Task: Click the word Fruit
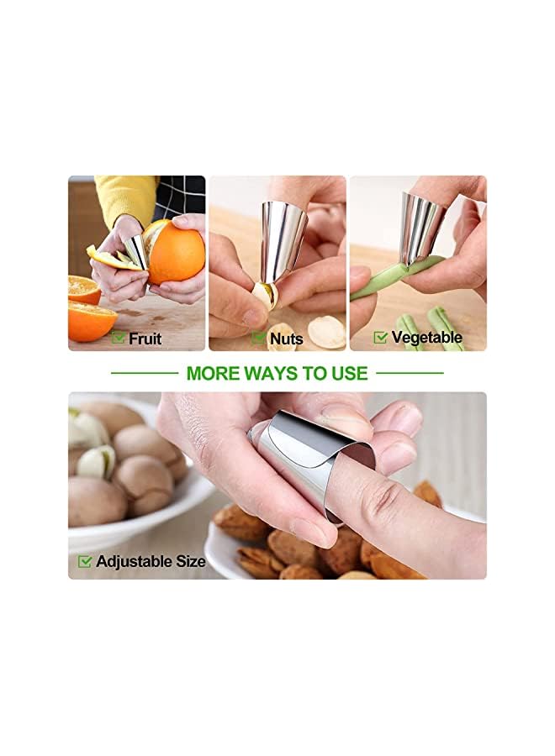[x=145, y=339]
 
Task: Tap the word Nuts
[x=287, y=339]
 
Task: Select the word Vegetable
[x=426, y=338]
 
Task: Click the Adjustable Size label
[x=151, y=561]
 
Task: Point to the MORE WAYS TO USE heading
[x=277, y=373]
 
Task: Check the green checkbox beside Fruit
[x=119, y=338]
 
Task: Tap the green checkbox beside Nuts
[x=259, y=339]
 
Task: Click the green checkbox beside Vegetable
[x=380, y=337]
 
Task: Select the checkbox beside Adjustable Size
[x=85, y=561]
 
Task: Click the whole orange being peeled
[x=177, y=252]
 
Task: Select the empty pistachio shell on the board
[x=326, y=331]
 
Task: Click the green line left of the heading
[x=144, y=372]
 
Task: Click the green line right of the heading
[x=410, y=372]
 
